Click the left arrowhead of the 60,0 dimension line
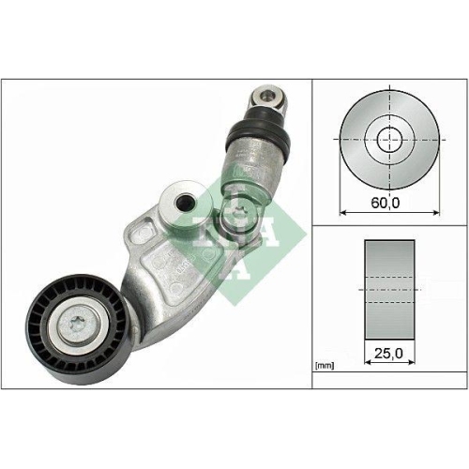[341, 213]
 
